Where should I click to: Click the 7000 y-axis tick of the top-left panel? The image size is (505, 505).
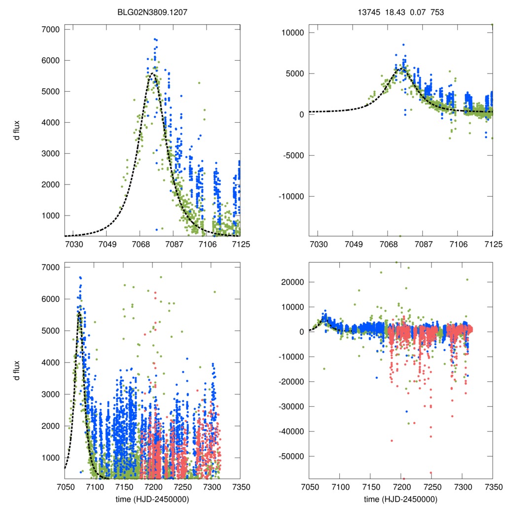point(50,30)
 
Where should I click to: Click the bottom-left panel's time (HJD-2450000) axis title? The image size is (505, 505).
point(152,499)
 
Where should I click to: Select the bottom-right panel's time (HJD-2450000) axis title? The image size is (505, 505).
point(400,499)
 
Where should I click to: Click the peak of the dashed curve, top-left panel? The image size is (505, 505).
point(152,73)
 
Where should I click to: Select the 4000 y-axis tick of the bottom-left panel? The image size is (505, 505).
point(50,362)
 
